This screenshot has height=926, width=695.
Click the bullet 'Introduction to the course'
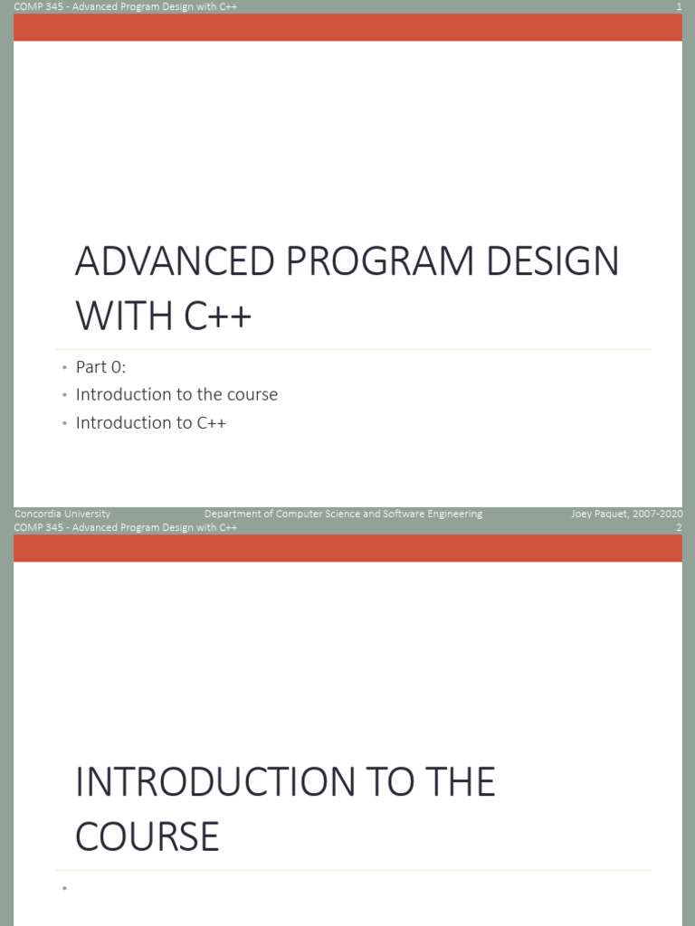tap(176, 394)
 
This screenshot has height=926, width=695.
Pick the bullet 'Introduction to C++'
tap(150, 422)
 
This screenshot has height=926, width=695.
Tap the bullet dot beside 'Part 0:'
tap(65, 368)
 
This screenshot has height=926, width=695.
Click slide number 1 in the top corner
tap(678, 7)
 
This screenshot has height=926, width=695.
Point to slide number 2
tap(678, 527)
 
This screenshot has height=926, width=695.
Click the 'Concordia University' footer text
tap(62, 514)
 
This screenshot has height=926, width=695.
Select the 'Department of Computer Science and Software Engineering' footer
tap(343, 514)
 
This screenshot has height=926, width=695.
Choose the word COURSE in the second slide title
tap(147, 836)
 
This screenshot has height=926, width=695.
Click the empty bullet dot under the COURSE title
tap(65, 890)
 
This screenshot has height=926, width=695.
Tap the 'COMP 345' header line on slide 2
tap(126, 527)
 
